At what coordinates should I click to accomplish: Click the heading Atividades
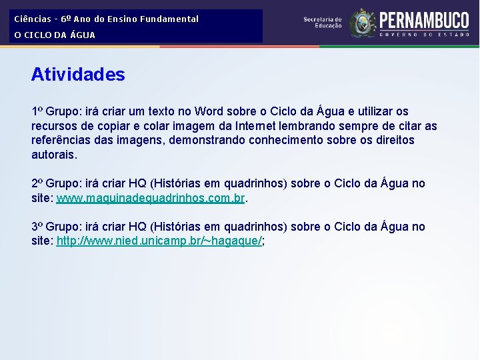pos(78,75)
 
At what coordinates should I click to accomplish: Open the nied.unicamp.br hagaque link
pos(159,241)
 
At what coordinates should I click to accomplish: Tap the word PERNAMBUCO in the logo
pos(424,19)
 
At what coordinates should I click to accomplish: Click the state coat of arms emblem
pos(363,23)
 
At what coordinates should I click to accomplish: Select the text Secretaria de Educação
pos(323,23)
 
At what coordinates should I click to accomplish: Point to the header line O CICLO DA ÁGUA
pos(55,35)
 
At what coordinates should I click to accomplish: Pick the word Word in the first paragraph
pos(210,111)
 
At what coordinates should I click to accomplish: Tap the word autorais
pos(54,155)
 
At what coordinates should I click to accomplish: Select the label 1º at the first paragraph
pos(37,111)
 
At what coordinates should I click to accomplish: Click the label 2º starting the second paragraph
pos(37,183)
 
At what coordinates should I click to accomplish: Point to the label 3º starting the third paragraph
pos(37,227)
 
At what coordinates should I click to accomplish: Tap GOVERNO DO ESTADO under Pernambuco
pos(424,33)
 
